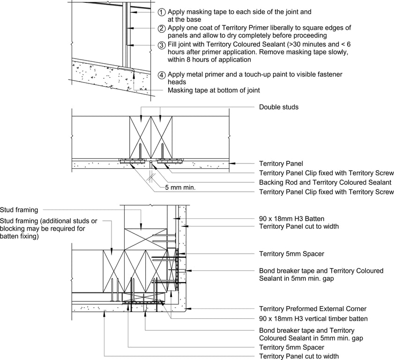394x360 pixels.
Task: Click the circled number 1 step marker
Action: click(x=161, y=12)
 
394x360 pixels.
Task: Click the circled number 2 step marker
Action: click(x=161, y=28)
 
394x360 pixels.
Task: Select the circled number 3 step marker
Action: click(x=161, y=45)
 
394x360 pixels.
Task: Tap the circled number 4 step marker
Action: click(x=161, y=75)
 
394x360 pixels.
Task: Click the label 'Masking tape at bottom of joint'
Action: click(x=214, y=90)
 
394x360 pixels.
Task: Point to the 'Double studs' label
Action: click(x=279, y=107)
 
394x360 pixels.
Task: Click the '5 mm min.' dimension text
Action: click(x=180, y=187)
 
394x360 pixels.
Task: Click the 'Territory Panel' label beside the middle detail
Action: click(x=281, y=164)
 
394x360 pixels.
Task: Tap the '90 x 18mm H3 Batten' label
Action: click(x=291, y=218)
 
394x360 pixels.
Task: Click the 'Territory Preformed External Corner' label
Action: click(x=312, y=309)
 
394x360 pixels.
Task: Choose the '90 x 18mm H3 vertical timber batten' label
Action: click(x=313, y=319)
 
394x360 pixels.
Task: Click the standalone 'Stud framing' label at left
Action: click(x=19, y=210)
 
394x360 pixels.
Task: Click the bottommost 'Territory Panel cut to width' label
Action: click(x=299, y=356)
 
